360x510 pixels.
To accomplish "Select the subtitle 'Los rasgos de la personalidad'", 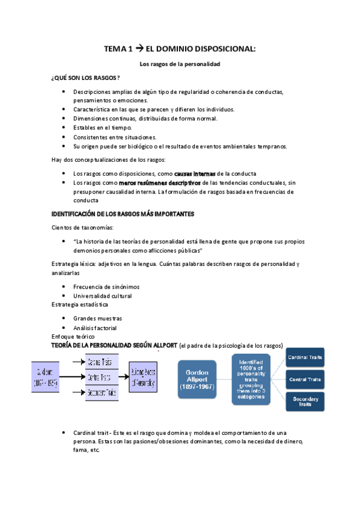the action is click(180, 64).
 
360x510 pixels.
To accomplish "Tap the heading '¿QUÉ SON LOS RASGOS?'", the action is click(86, 78).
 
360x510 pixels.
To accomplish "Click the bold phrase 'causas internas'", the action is click(195, 173).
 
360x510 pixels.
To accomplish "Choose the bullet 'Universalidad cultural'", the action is click(102, 296).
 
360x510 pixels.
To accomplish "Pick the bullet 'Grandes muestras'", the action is click(97, 318).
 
